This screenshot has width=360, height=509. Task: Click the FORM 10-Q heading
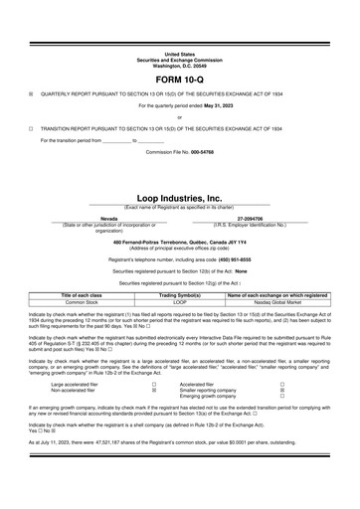[x=180, y=78]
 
